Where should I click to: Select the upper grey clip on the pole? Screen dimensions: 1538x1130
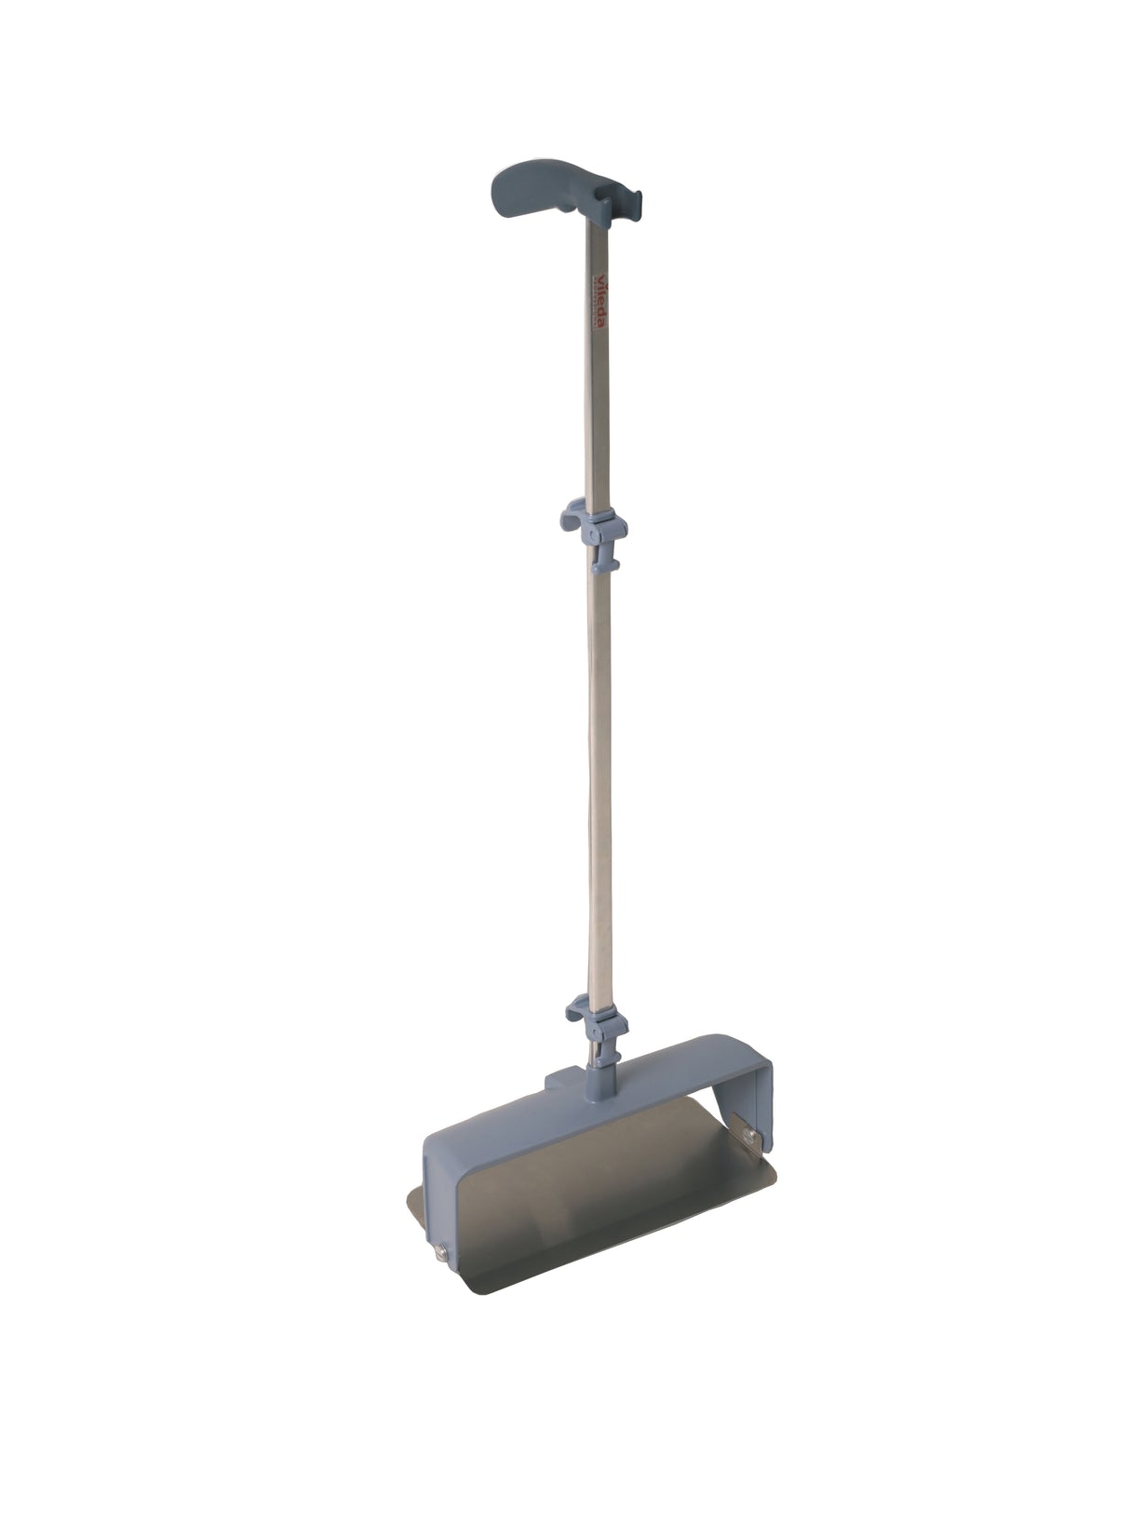click(593, 526)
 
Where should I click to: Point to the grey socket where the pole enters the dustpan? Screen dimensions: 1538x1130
click(596, 1086)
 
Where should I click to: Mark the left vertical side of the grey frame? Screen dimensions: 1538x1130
click(437, 1201)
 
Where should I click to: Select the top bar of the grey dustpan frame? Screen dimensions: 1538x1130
click(652, 1080)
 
